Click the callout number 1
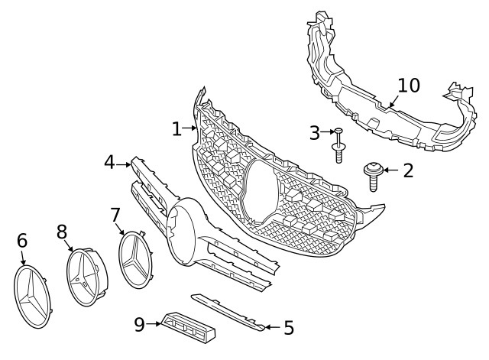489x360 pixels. point(176,129)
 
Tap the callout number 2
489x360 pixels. point(408,170)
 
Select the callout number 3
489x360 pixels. point(315,133)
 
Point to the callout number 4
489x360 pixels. point(110,162)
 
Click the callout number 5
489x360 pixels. point(288,328)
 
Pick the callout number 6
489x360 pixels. point(22,242)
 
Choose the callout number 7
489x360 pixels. point(115,215)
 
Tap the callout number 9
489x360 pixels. point(139,325)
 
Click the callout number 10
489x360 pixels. point(409,85)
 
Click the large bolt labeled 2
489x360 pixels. point(373,175)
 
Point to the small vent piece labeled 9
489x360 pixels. point(187,328)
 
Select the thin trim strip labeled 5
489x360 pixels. point(228,311)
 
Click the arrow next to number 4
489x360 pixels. point(124,163)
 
